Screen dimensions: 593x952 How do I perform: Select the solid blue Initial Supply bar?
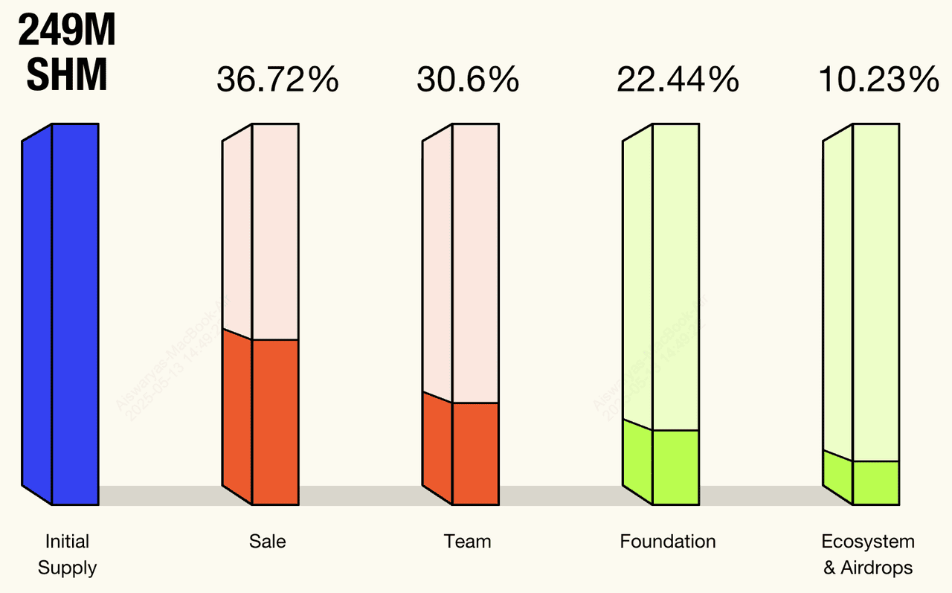74,312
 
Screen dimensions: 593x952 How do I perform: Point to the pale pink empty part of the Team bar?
475,260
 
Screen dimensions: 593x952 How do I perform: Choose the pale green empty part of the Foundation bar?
675,275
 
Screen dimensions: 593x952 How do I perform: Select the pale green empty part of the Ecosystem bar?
875,290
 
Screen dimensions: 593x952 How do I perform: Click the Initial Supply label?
67,554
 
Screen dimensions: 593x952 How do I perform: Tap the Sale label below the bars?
268,542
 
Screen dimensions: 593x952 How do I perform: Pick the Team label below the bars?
467,542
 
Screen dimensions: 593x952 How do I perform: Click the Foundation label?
668,542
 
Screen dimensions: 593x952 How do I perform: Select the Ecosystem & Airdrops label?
868,554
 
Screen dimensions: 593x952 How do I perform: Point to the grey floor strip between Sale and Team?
360,496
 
